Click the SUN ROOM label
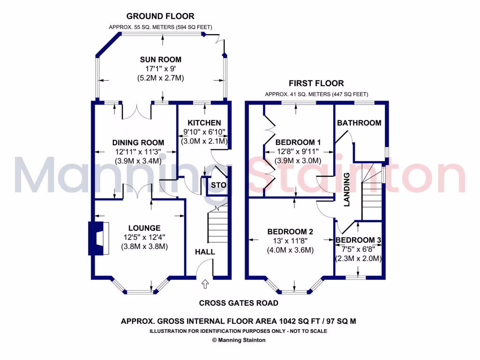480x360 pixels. tap(160, 60)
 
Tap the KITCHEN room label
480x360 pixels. tap(204, 123)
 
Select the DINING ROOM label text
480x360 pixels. tap(138, 142)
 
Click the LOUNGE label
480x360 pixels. tap(145, 228)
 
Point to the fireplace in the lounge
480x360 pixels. tap(98, 238)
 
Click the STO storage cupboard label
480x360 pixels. tap(218, 185)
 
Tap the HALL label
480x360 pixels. tap(205, 252)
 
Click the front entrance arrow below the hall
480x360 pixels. tap(205, 284)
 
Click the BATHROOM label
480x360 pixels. tap(359, 123)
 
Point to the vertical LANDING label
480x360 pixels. tap(347, 189)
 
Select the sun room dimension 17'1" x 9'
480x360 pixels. tap(160, 69)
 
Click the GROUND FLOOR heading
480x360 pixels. tap(160, 16)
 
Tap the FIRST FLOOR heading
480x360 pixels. tap(316, 83)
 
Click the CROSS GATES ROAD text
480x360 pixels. tap(239, 303)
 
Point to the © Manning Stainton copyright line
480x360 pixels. tap(239, 340)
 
